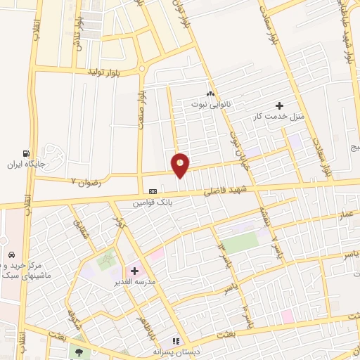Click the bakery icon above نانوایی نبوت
(x=210, y=94)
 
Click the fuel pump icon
(x=26, y=153)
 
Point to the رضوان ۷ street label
(x=86, y=181)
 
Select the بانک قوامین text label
(x=153, y=202)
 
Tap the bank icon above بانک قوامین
(x=153, y=191)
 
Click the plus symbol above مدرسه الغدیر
(x=134, y=271)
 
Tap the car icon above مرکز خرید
(x=11, y=254)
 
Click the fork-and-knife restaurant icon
(x=176, y=341)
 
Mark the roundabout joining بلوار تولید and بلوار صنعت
(x=143, y=69)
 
